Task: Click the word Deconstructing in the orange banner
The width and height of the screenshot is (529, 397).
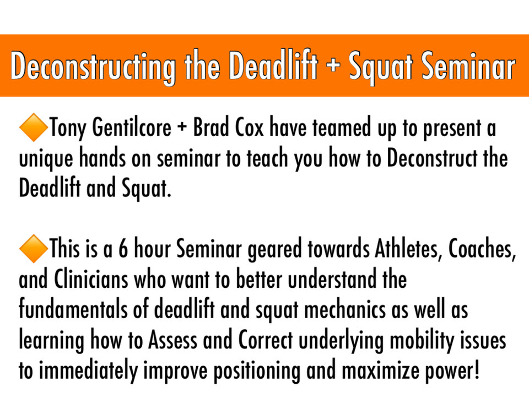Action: pyautogui.click(x=93, y=67)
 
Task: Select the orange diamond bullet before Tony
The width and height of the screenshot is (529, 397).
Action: pyautogui.click(x=34, y=127)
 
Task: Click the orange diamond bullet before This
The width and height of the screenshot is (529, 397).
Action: pyautogui.click(x=34, y=249)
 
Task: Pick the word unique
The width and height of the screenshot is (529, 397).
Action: pyautogui.click(x=46, y=159)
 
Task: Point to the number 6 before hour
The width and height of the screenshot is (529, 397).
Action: pyautogui.click(x=123, y=249)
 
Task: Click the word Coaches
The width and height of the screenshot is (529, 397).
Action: pyautogui.click(x=482, y=249)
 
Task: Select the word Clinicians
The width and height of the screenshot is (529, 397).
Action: pyautogui.click(x=91, y=279)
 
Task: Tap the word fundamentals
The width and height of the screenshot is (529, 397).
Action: pyautogui.click(x=73, y=309)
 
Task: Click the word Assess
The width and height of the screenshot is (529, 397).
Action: pyautogui.click(x=172, y=340)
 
